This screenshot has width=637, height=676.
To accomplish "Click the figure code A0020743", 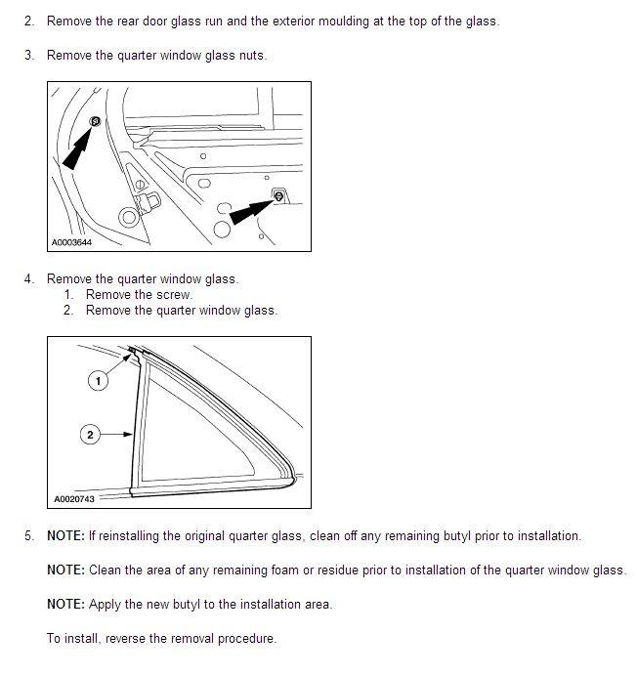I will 74,499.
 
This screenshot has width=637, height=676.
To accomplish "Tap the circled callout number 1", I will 97,381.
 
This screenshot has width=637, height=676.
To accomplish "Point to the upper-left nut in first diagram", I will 96,120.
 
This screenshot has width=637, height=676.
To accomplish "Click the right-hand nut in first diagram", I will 279,196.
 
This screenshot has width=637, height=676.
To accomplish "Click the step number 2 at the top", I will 29,21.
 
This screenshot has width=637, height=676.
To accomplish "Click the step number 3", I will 29,55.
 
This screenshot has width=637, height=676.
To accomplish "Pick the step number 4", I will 29,278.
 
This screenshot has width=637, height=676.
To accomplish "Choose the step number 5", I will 29,535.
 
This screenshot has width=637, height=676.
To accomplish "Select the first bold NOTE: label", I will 65,535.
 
